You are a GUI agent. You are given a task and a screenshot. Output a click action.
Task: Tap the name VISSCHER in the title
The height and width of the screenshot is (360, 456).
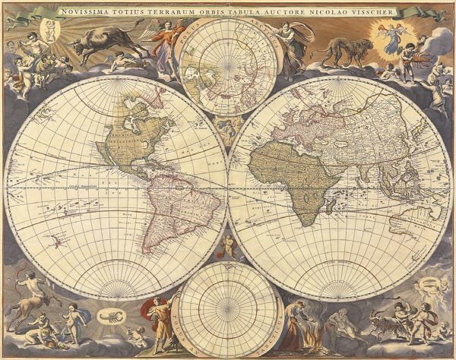click(375, 11)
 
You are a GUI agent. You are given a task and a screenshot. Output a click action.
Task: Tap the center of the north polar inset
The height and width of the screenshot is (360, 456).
click(226, 66)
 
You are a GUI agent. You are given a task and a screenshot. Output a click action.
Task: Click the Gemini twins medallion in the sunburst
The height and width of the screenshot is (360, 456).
click(50, 29)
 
